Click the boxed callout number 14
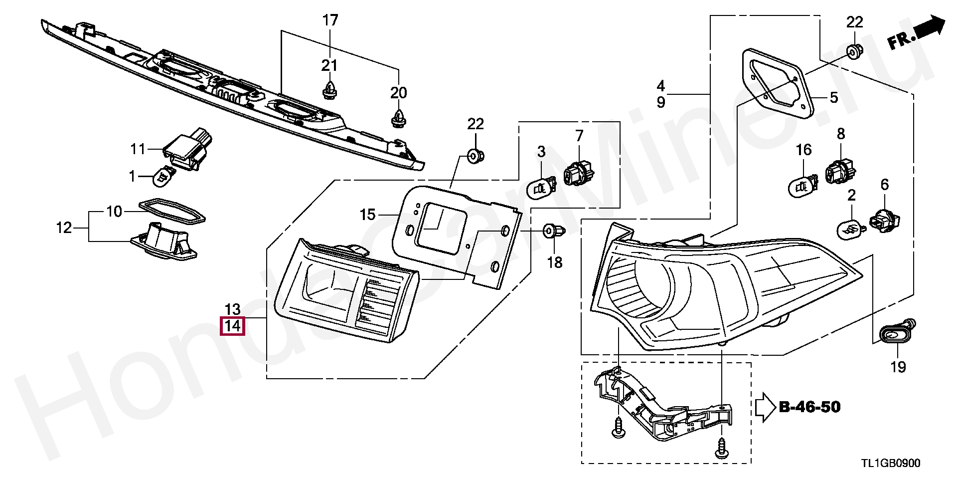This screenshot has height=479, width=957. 233,326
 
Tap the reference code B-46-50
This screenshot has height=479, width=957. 809,407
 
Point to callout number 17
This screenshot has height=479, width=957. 330,20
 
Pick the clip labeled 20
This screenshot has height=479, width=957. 398,118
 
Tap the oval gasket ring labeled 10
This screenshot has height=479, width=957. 171,212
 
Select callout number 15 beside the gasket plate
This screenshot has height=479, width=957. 367,215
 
